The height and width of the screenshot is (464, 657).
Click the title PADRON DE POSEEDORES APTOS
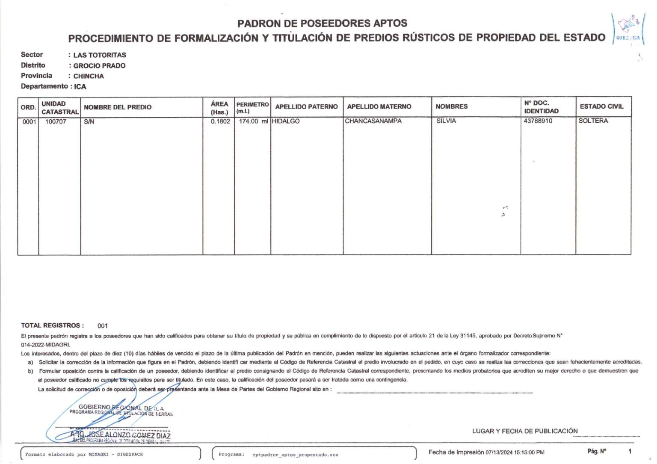(x=322, y=23)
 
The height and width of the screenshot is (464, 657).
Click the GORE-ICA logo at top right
(x=628, y=29)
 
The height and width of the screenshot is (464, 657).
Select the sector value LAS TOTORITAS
(x=100, y=55)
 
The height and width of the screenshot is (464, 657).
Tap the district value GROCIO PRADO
(x=99, y=66)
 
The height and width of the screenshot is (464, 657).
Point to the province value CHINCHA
(x=89, y=76)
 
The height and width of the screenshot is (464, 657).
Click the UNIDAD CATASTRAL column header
(x=60, y=108)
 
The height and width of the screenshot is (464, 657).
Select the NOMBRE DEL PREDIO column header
(x=118, y=107)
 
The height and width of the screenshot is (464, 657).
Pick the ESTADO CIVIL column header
(x=601, y=106)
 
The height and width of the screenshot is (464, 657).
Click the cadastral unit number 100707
(x=56, y=122)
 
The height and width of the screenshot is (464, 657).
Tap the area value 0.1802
(x=220, y=121)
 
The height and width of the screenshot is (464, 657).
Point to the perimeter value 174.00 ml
(x=253, y=121)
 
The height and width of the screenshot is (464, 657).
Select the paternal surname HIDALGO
(x=286, y=121)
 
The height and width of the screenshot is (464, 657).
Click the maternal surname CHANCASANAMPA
(x=373, y=121)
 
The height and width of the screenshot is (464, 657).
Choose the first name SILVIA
(x=446, y=121)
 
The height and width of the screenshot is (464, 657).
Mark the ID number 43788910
(x=538, y=121)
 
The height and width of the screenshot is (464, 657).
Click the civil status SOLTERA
(x=593, y=121)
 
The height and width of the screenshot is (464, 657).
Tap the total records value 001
(x=103, y=326)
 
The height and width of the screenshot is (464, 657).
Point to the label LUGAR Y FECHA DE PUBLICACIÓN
(x=525, y=431)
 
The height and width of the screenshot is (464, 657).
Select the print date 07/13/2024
(x=499, y=452)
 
